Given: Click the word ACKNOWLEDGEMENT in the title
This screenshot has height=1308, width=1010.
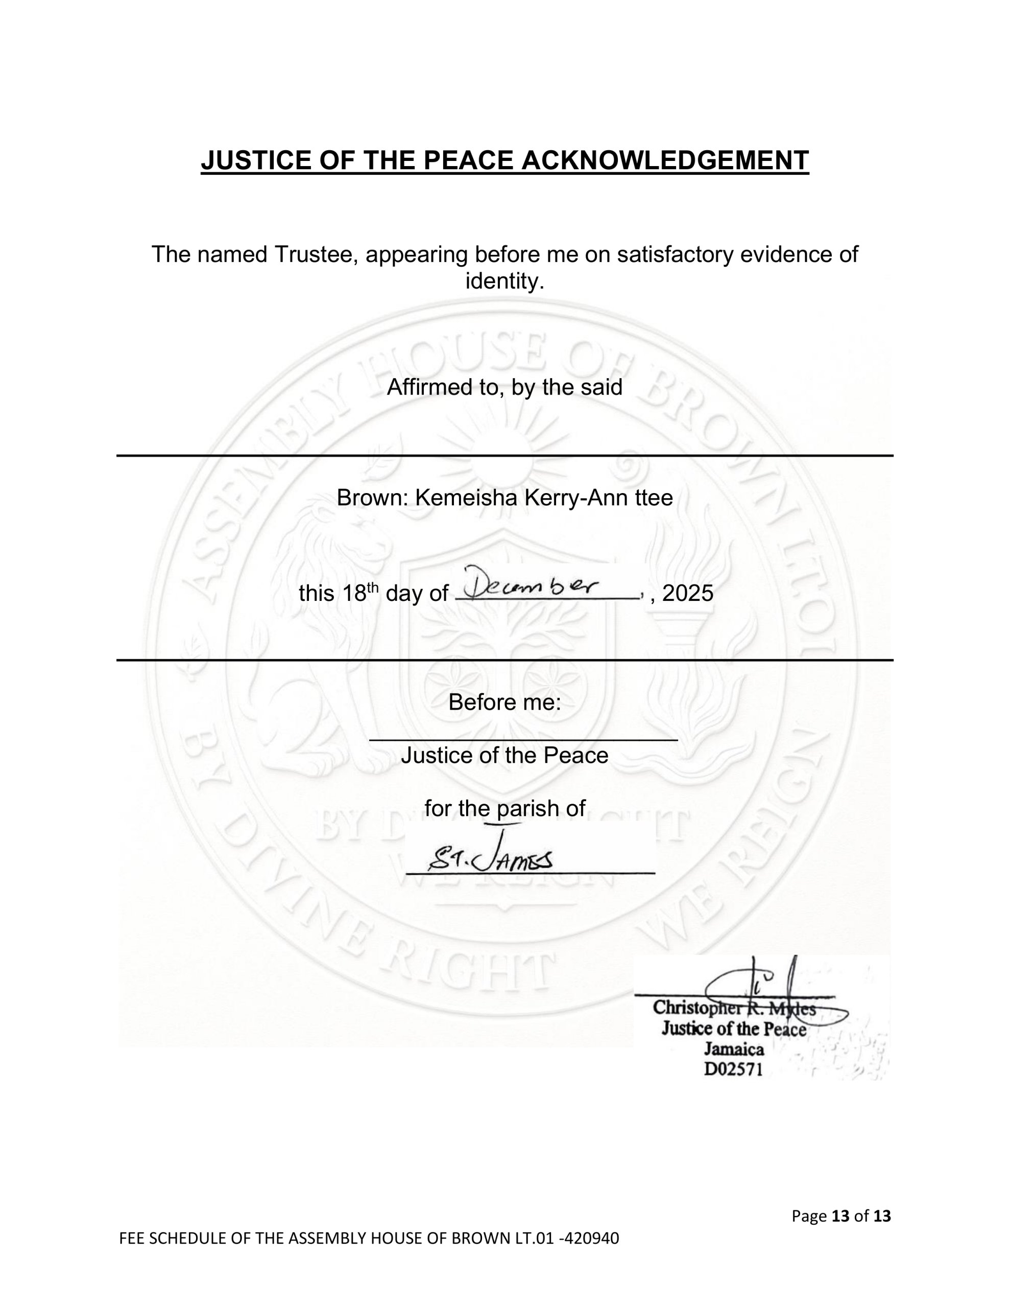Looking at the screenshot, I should (x=665, y=160).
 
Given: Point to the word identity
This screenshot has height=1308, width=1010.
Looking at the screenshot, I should (x=504, y=281).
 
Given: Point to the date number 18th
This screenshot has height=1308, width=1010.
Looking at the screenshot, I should (x=360, y=593).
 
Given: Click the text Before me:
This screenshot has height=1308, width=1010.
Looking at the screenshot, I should (x=504, y=702).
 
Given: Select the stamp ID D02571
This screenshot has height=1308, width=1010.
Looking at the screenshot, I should (x=733, y=1069).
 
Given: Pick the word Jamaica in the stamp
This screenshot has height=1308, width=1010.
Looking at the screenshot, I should (x=734, y=1049).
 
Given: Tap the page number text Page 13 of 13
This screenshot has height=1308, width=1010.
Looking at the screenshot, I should (x=840, y=1216).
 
